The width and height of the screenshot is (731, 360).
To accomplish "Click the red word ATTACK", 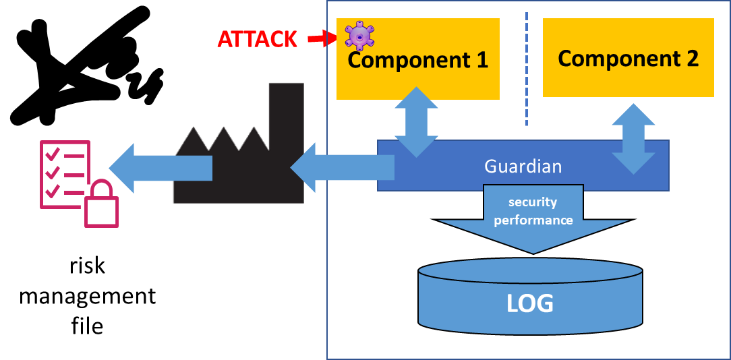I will pos(257,39).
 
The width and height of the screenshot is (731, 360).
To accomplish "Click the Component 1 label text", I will pos(417,60).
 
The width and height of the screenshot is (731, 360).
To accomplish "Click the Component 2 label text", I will pos(628,59).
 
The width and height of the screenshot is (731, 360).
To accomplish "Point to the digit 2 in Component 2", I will pos(691,59).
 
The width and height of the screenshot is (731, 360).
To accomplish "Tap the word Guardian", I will pos(523,166).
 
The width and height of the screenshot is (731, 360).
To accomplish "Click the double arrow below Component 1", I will pos(416,122).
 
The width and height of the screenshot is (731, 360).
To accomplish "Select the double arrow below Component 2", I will pos(633,139).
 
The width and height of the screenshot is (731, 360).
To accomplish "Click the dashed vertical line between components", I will pos(526,67).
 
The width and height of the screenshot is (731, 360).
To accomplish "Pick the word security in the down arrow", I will pos(533,202).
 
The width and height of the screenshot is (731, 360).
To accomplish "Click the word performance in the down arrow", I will pos(533,220).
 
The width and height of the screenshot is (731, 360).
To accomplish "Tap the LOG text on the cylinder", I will pos(530,304).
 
